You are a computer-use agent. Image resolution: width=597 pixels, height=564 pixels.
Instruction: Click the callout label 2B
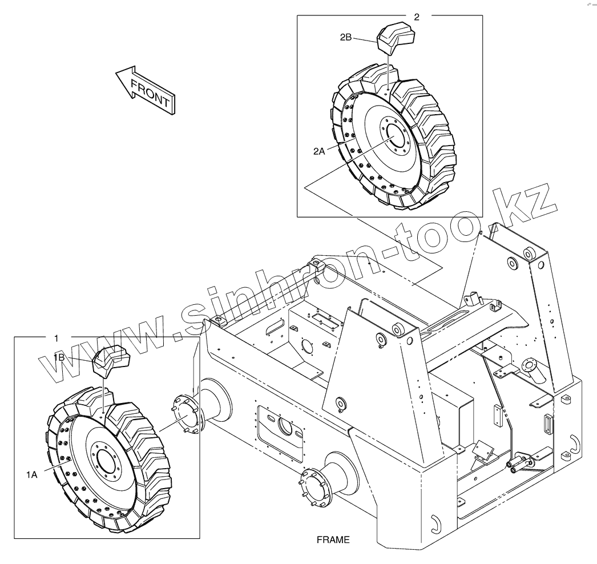tap(346, 37)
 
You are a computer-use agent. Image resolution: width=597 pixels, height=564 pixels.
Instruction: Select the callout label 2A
tap(319, 151)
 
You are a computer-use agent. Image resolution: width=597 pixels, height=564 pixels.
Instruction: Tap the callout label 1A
tap(31, 474)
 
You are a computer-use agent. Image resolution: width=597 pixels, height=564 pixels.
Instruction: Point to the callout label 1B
tap(59, 357)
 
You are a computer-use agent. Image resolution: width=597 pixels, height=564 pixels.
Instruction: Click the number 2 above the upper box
tap(417, 17)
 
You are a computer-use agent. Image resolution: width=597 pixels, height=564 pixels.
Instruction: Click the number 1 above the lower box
tap(56, 338)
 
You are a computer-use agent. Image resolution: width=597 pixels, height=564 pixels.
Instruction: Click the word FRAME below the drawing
tap(333, 539)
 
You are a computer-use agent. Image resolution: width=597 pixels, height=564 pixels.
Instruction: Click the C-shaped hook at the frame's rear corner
tap(435, 522)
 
